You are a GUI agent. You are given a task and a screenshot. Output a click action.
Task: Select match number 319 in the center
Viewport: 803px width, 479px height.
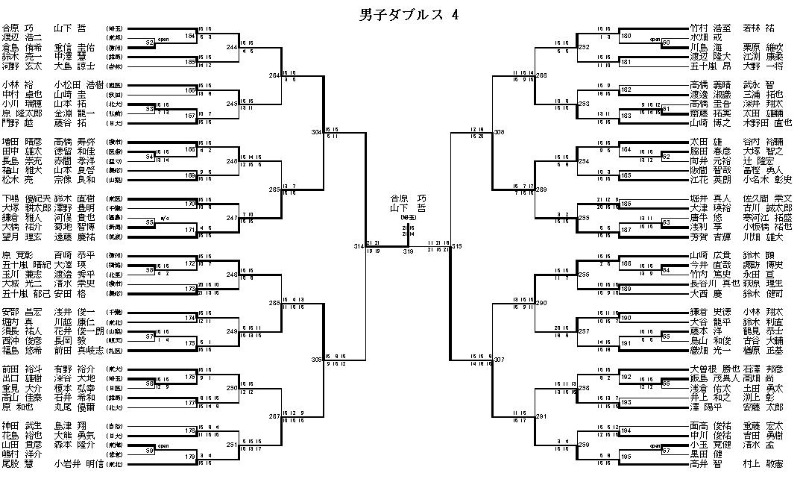click(x=408, y=252)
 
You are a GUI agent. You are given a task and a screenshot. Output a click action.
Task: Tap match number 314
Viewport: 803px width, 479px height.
click(x=359, y=245)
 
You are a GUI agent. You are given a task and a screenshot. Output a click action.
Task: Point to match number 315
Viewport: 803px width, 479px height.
click(x=457, y=245)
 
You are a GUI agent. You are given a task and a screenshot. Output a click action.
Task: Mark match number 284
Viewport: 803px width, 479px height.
click(x=275, y=75)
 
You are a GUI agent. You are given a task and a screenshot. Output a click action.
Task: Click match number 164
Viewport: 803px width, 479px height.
click(x=190, y=36)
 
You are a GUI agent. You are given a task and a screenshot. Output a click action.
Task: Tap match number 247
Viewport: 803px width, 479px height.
click(x=233, y=218)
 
